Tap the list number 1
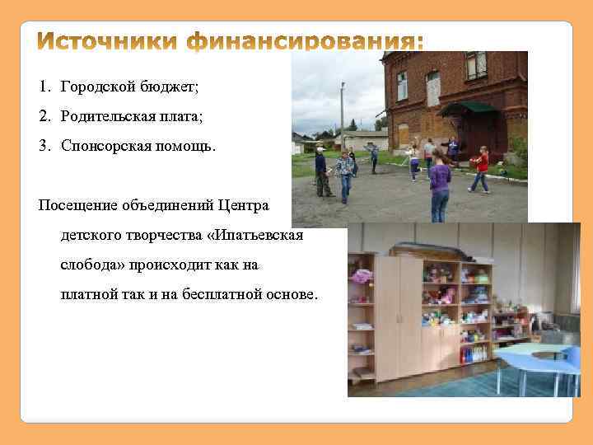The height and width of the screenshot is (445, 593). pos(43,87)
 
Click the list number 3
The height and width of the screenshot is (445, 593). pos(43,146)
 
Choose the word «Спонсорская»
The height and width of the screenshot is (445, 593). pos(105,146)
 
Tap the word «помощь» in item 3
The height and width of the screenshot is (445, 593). pos(185,146)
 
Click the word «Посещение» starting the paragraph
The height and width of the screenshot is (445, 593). pos(77,204)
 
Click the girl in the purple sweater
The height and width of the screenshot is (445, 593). pos(440,186)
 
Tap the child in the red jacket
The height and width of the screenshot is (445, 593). pos(480,169)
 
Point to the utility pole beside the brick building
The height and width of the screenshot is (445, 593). pos(343,115)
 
